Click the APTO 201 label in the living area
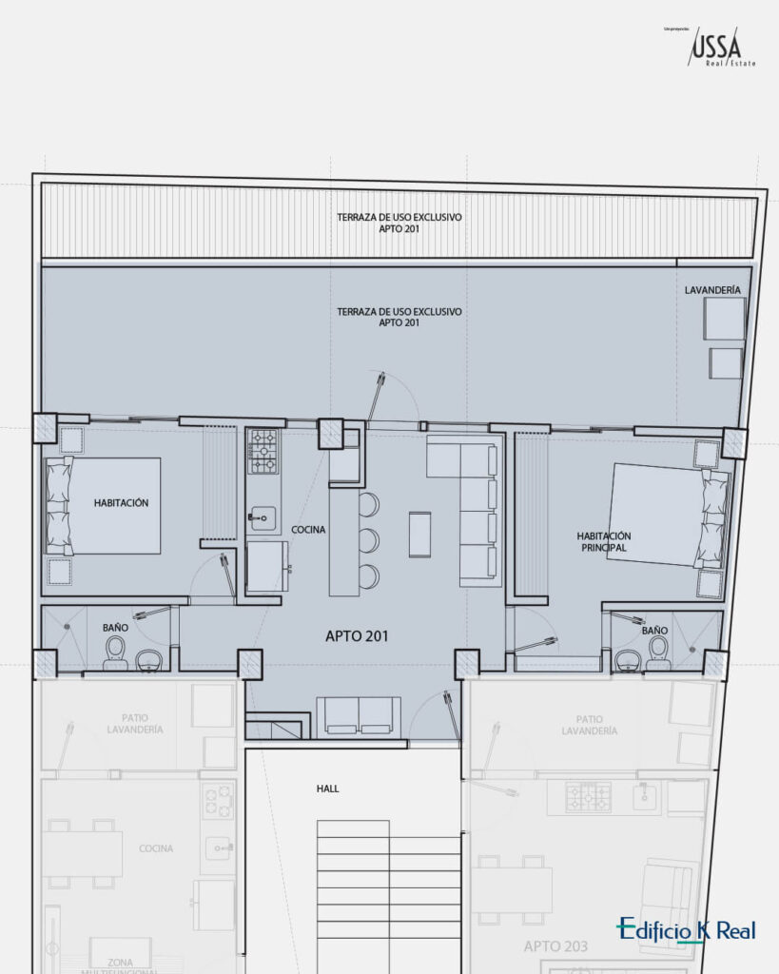coord(357,636)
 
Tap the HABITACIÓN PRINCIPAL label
coord(603,541)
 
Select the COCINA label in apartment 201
coord(309,530)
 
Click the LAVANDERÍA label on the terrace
coord(712,289)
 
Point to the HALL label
coord(328,789)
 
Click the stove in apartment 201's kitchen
coord(263,451)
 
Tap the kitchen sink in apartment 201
coord(262,518)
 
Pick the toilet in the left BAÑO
coord(115,652)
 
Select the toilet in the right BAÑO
coord(657,652)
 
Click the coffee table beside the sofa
coord(419,534)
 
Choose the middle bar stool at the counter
coord(368,540)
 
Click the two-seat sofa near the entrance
coord(359,716)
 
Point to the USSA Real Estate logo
coord(716,48)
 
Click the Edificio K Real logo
coord(686,929)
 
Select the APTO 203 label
coord(555,947)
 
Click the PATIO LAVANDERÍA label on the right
coord(589,725)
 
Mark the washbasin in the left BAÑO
coord(148,658)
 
